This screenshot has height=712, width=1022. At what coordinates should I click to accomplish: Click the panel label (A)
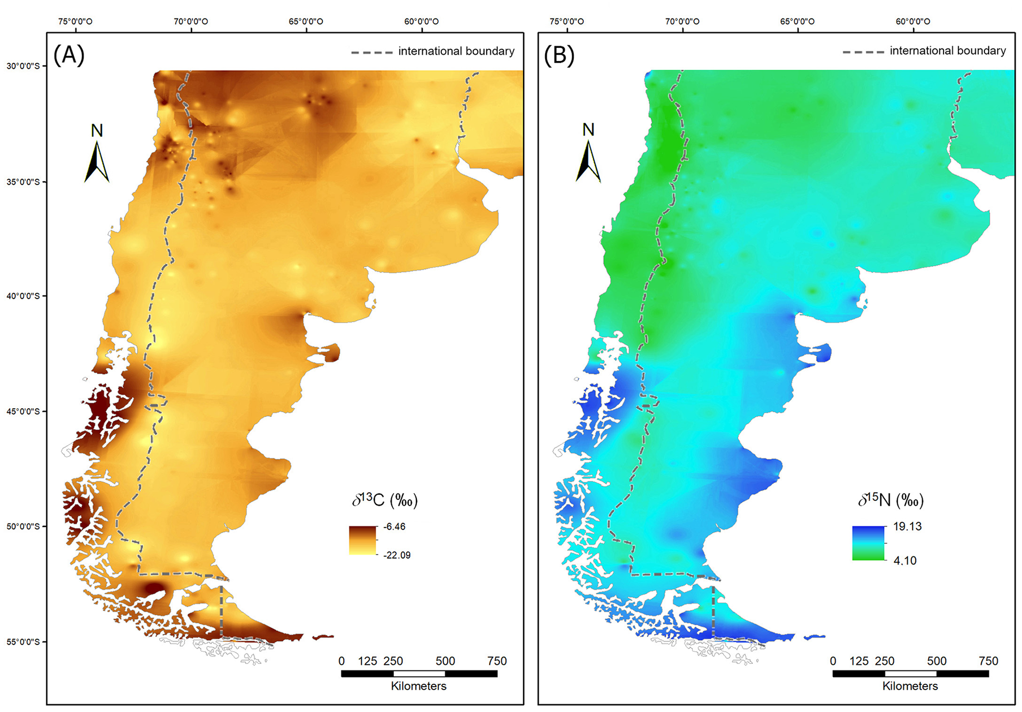pos(69,55)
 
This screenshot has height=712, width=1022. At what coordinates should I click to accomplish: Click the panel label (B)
pos(559,55)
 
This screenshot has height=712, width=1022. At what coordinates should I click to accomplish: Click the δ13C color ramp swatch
pos(362,540)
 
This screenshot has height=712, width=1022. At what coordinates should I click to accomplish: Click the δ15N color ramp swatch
pos(868,543)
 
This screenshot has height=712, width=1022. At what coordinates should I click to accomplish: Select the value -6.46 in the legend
pos(394,526)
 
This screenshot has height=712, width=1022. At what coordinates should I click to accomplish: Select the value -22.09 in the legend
pos(397,555)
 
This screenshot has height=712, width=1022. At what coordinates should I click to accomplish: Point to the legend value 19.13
pos(907,526)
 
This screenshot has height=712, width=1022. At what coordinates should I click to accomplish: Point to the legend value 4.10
pos(904,560)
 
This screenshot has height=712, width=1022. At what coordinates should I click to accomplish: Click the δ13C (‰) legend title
pos(385,500)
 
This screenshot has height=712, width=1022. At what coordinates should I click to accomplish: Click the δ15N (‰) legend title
pos(891,500)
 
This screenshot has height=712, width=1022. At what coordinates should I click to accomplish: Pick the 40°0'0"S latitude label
pos(23,296)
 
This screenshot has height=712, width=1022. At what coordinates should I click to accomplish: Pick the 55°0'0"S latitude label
pos(23,642)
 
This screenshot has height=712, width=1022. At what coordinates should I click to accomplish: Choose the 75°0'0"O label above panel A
pos(75,21)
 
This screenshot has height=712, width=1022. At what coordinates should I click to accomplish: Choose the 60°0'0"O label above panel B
pos(912,21)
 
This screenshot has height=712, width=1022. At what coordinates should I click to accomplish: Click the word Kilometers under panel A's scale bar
pos(419,686)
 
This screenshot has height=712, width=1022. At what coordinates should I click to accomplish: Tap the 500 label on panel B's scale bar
pos(937,661)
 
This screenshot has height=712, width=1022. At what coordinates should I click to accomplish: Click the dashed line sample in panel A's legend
pos(371,52)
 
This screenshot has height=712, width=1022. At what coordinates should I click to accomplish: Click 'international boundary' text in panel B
pos(948,51)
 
